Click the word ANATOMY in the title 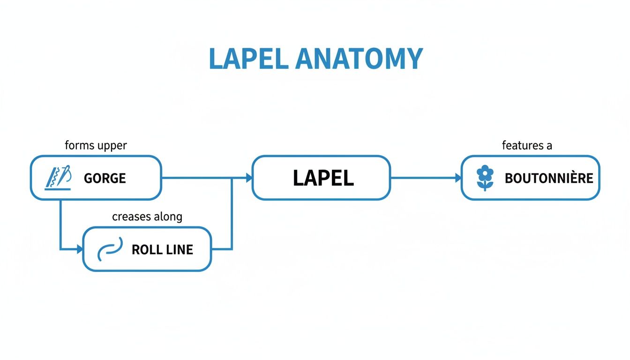click(360, 59)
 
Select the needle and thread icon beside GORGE click(58, 178)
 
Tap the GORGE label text click(105, 178)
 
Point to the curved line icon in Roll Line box click(110, 248)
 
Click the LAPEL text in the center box click(323, 178)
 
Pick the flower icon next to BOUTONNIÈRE click(485, 178)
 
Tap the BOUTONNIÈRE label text click(549, 178)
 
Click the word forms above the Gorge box click(80, 146)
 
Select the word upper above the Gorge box click(112, 146)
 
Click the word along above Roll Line click(167, 217)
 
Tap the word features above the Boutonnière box click(519, 146)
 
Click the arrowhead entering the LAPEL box click(248, 178)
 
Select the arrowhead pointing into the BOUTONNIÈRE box click(457, 178)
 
